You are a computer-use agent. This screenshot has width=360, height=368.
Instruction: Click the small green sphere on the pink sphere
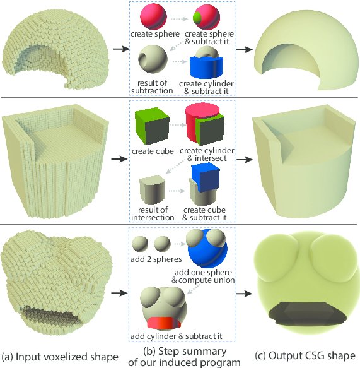coord(197,17)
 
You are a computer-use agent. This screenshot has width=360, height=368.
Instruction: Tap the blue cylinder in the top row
coord(206,68)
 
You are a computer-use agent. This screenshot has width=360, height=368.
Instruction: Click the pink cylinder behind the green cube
coord(193,121)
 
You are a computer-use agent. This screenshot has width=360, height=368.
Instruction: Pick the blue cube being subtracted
coord(206,177)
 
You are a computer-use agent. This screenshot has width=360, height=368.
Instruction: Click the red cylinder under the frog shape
coord(164,323)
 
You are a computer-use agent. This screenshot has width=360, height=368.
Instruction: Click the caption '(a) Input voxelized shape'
coord(60,357)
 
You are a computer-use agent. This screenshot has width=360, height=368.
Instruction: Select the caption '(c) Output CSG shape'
coord(305,355)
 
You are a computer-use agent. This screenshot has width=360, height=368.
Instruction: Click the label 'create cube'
coord(153,151)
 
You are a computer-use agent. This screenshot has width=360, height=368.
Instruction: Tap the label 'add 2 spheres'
coord(156,259)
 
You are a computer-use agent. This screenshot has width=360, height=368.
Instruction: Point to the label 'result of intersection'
coord(153,213)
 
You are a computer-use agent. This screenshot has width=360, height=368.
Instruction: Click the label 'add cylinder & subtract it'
coord(177,336)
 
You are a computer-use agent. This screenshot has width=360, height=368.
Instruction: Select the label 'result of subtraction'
coord(152,87)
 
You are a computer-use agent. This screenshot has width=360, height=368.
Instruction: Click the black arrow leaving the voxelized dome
coord(122,49)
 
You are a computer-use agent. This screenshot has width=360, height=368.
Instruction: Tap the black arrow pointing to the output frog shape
coord(244,294)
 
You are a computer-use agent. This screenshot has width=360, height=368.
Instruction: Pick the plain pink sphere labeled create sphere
coord(153,16)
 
